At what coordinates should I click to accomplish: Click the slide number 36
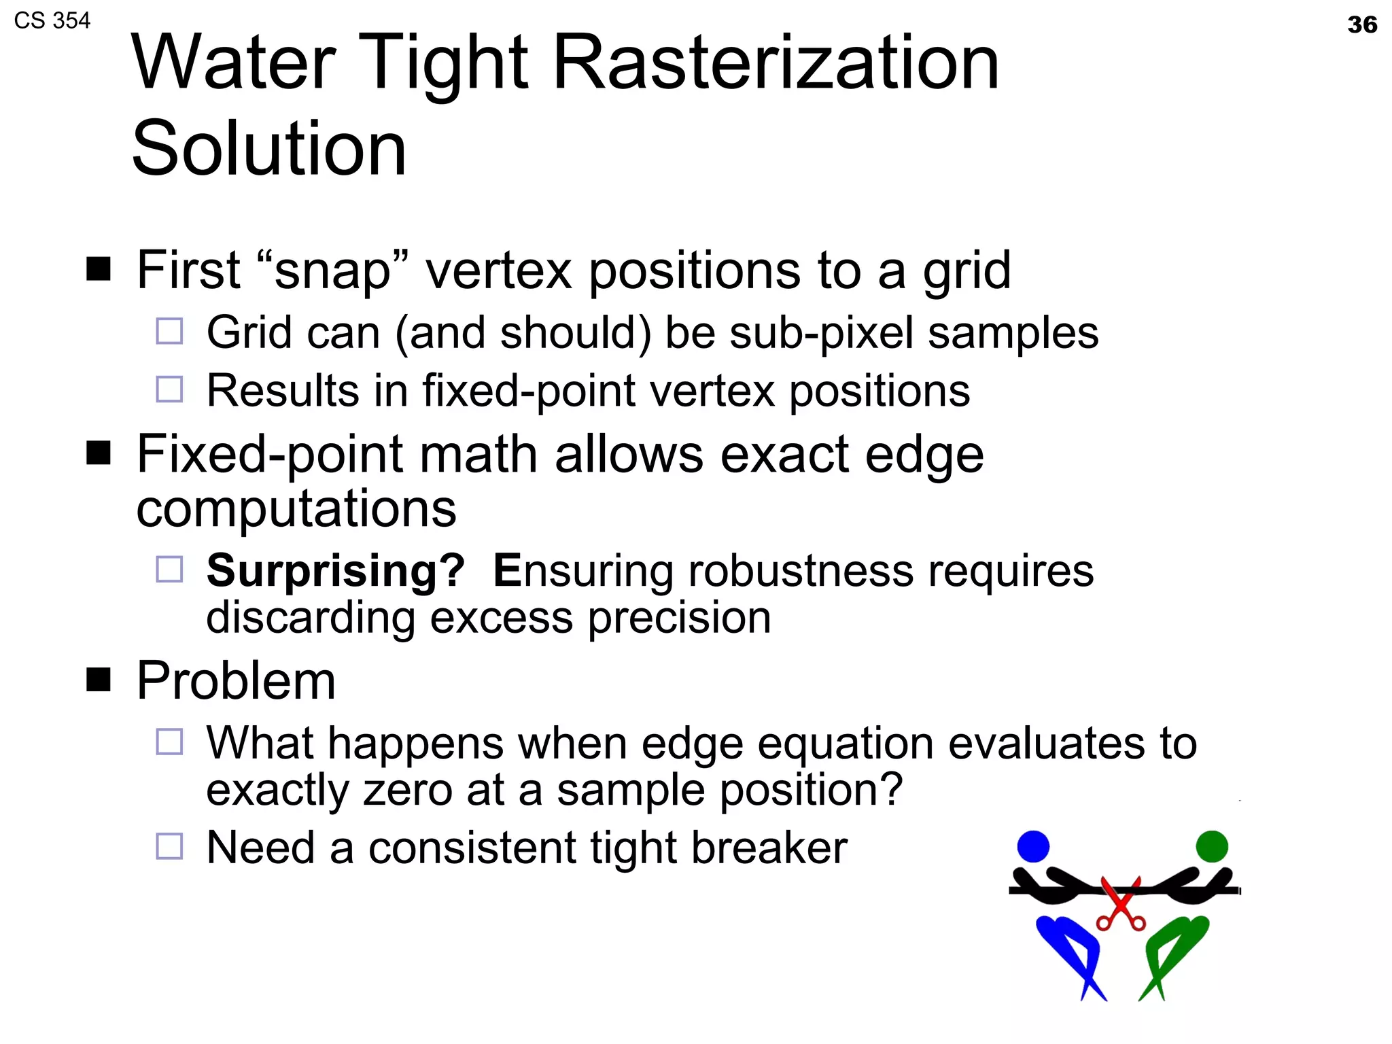(x=1361, y=25)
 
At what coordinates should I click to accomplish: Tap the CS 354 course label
(x=52, y=21)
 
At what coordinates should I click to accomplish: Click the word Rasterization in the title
(x=776, y=63)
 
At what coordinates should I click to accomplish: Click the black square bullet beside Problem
(x=99, y=679)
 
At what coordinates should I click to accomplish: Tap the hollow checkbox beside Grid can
(x=169, y=332)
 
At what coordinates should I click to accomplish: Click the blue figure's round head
(x=1033, y=846)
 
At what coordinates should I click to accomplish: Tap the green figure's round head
(x=1212, y=846)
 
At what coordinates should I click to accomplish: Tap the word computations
(x=296, y=508)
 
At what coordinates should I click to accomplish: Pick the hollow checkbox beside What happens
(x=169, y=742)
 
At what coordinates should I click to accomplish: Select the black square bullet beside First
(x=99, y=269)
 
